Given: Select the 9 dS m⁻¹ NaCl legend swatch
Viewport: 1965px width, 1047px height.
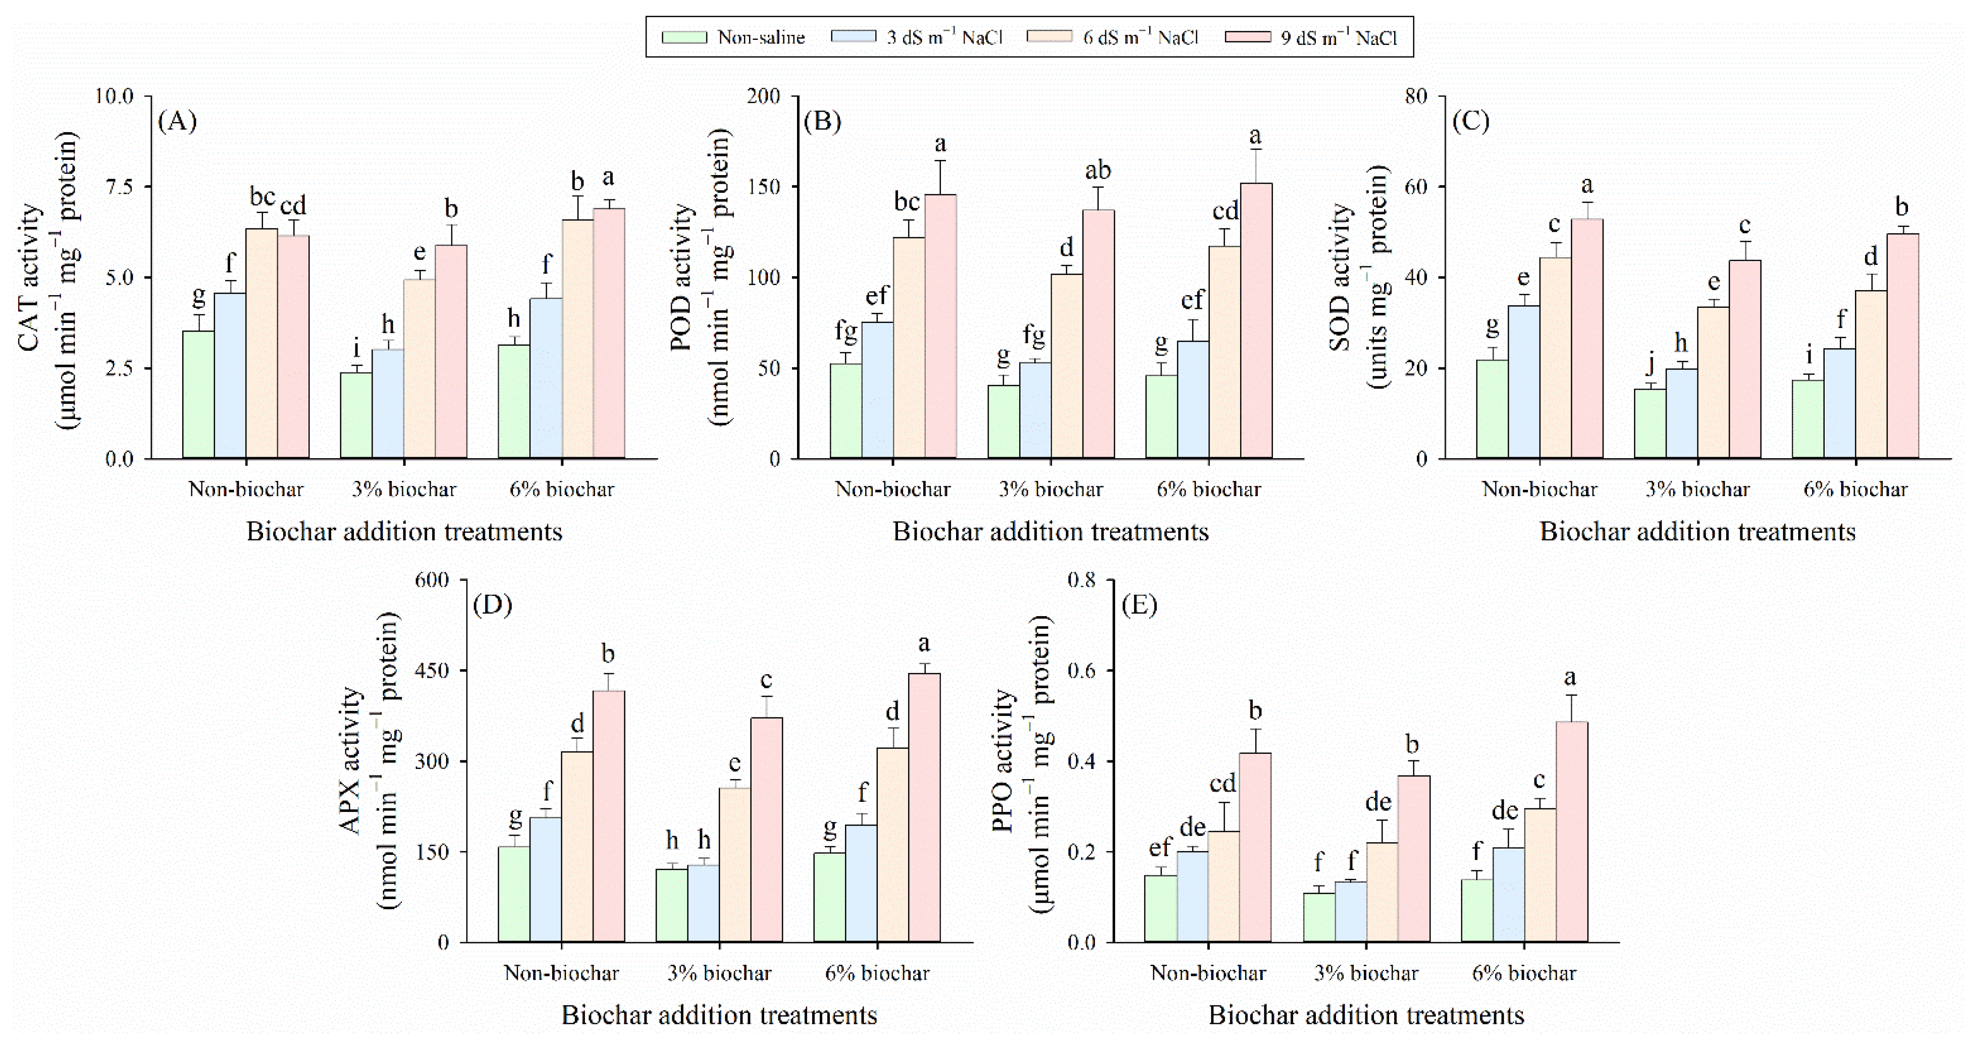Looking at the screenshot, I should (x=1247, y=37).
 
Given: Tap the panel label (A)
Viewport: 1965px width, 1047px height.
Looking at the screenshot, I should (x=177, y=121).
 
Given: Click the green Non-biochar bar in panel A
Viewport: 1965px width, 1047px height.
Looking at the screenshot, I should (x=198, y=395).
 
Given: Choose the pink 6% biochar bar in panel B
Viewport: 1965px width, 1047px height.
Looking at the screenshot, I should (x=1256, y=320).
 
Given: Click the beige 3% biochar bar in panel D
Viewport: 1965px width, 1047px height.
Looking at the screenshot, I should (x=734, y=865).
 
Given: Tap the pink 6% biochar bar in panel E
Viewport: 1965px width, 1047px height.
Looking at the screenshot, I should (x=1571, y=831).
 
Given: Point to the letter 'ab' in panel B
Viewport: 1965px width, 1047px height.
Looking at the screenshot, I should (x=1098, y=170).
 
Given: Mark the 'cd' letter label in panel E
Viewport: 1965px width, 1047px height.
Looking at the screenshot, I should (x=1223, y=783).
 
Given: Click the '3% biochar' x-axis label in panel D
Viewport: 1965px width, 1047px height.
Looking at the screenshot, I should (x=719, y=973).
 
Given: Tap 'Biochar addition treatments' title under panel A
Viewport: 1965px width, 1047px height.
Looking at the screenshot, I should (x=404, y=531).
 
